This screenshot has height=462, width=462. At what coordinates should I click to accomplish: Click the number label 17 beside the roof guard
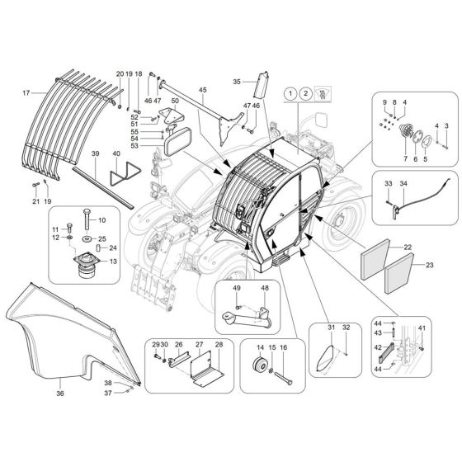26,92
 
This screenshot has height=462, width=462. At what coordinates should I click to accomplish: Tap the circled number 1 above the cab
290,94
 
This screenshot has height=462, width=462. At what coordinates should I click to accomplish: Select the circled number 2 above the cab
307,94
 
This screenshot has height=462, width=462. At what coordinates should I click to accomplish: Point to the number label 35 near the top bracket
235,82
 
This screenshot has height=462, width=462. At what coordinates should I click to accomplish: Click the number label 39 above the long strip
96,154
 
